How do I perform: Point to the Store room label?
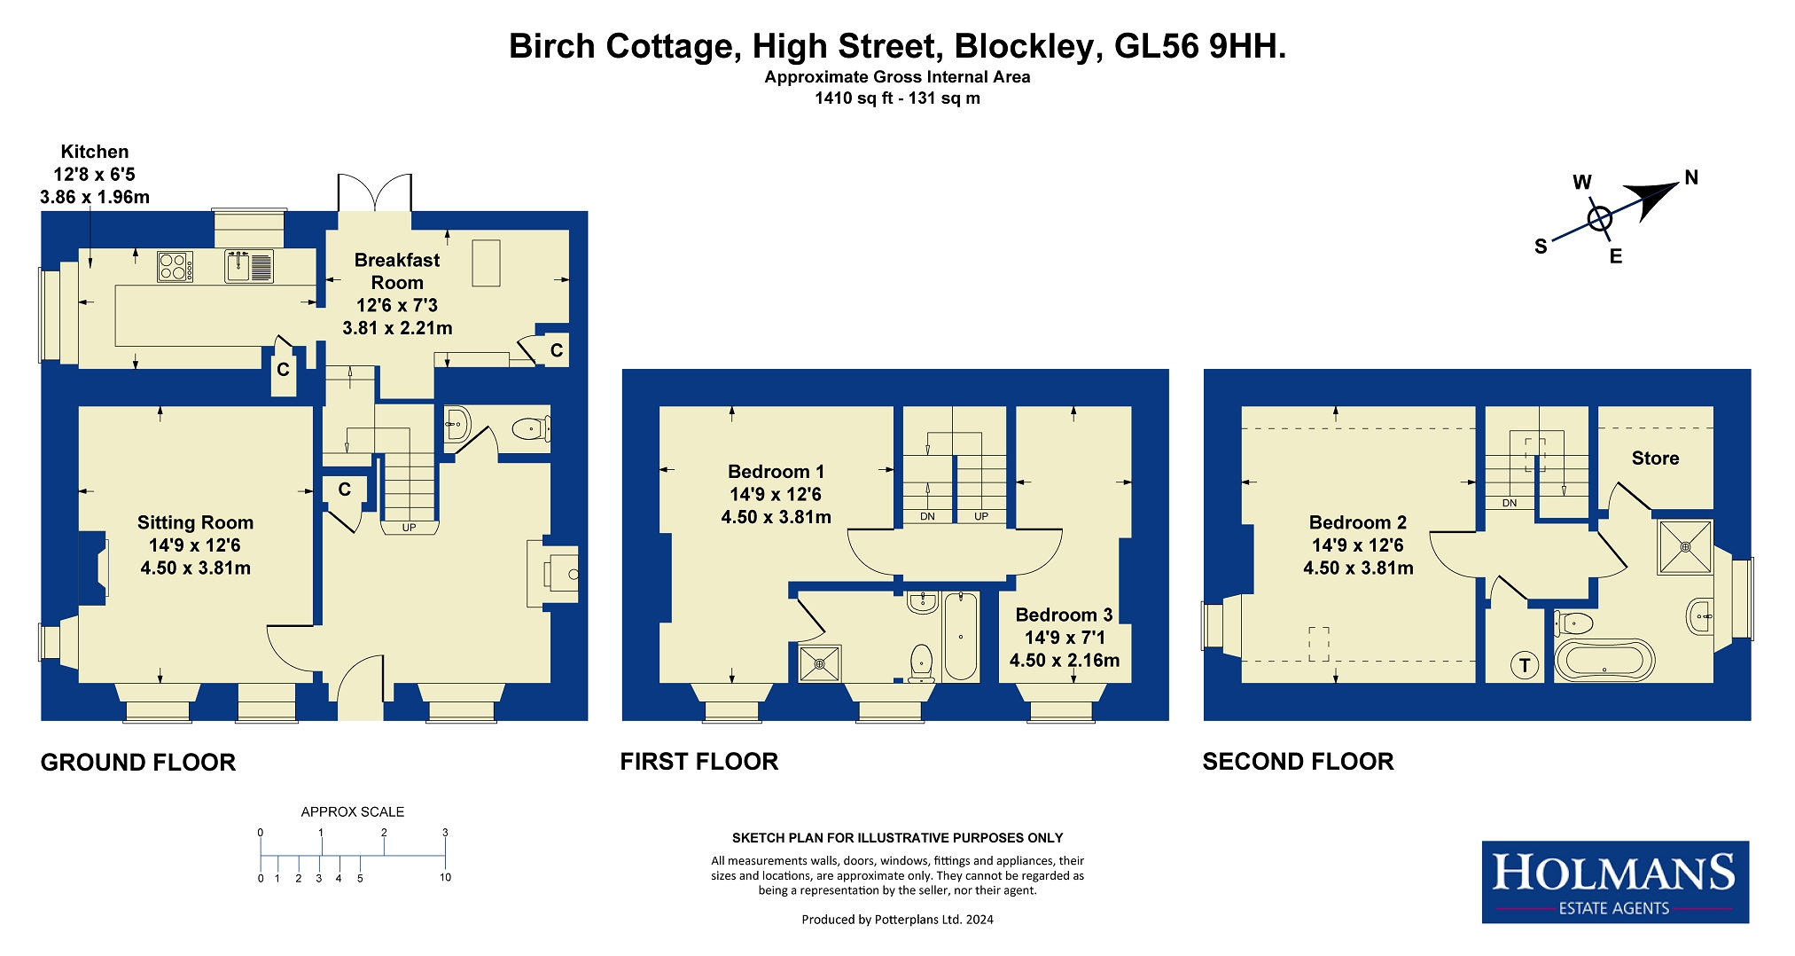pyautogui.click(x=1655, y=458)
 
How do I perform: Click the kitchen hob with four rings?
pyautogui.click(x=175, y=267)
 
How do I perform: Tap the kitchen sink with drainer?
pyautogui.click(x=249, y=266)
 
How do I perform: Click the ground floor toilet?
pyautogui.click(x=531, y=429)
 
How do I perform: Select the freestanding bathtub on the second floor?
pyautogui.click(x=1604, y=660)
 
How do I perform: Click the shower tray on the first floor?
pyautogui.click(x=819, y=663)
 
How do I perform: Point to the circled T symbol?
pyautogui.click(x=1525, y=665)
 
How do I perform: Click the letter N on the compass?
pyautogui.click(x=1691, y=177)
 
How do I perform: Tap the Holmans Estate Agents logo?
pyautogui.click(x=1615, y=882)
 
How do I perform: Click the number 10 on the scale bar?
pyautogui.click(x=445, y=877)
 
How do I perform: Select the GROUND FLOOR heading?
pyautogui.click(x=138, y=763)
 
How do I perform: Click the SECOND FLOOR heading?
pyautogui.click(x=1298, y=761)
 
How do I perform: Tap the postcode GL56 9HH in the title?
pyautogui.click(x=1199, y=46)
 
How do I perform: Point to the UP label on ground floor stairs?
pyautogui.click(x=409, y=528)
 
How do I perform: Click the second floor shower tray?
pyautogui.click(x=1685, y=547)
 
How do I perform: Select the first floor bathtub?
pyautogui.click(x=961, y=636)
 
